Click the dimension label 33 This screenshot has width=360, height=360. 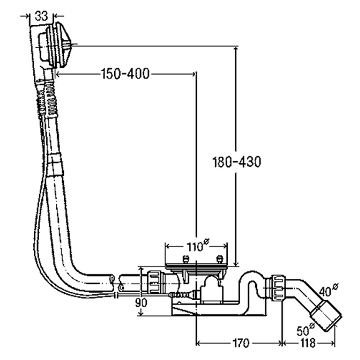tap(41, 16)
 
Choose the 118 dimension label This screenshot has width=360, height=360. tap(308, 344)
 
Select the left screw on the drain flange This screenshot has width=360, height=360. tap(184, 260)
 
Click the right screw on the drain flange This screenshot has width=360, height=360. tap(219, 260)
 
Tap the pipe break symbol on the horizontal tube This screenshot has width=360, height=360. tap(113, 283)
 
